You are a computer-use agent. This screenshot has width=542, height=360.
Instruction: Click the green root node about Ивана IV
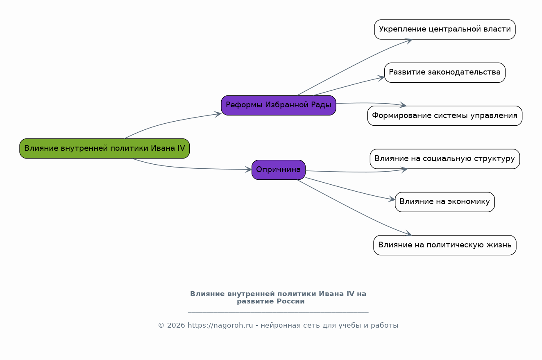point(104,148)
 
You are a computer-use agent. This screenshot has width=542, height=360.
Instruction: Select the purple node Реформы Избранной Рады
point(279,105)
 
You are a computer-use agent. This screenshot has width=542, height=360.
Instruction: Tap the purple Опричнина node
point(279,170)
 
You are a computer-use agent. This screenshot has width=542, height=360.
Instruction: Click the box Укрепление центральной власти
point(444,29)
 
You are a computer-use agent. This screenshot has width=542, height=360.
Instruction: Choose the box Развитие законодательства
point(444,72)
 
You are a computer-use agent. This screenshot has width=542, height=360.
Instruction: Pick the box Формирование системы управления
point(444,115)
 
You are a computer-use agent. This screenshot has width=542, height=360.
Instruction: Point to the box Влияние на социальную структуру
point(444,159)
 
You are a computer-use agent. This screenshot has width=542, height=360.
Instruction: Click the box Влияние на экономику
point(444,202)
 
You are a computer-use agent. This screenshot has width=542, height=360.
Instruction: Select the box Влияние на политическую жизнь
point(444,245)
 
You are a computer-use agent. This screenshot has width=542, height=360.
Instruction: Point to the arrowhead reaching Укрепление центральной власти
point(409,40)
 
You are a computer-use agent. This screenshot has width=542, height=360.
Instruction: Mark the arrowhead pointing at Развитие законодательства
point(381,77)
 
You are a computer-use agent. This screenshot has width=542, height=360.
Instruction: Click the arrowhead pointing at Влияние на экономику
point(392,199)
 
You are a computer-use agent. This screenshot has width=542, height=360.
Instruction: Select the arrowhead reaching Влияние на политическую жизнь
point(408,234)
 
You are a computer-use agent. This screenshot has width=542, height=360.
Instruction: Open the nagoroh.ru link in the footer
point(220,326)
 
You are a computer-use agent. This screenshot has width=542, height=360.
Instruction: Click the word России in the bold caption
point(290,301)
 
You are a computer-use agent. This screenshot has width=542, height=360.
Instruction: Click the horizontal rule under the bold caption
point(278,312)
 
